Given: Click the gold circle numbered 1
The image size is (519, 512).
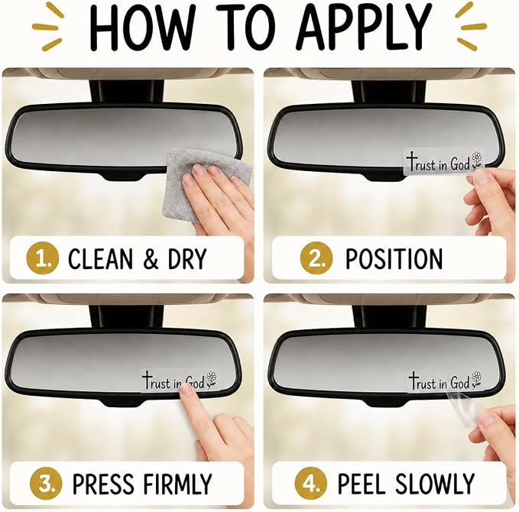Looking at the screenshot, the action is (42, 258).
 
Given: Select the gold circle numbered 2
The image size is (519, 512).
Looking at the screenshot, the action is (316, 258).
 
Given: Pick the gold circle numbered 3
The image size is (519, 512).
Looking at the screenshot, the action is (46, 483).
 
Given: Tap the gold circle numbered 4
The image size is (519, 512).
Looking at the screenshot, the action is (311, 483).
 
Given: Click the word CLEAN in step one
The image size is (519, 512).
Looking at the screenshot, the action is (100, 258).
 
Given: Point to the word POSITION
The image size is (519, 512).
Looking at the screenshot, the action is (394, 258).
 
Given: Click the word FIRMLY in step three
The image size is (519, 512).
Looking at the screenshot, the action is (175, 484).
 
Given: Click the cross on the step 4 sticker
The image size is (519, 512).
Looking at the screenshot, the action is (413, 381).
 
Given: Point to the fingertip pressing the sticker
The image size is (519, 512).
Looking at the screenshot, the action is (188, 390).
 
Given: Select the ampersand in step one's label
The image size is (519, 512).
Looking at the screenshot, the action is (151, 259).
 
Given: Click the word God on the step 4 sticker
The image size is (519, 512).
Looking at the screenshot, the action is (460, 383).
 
